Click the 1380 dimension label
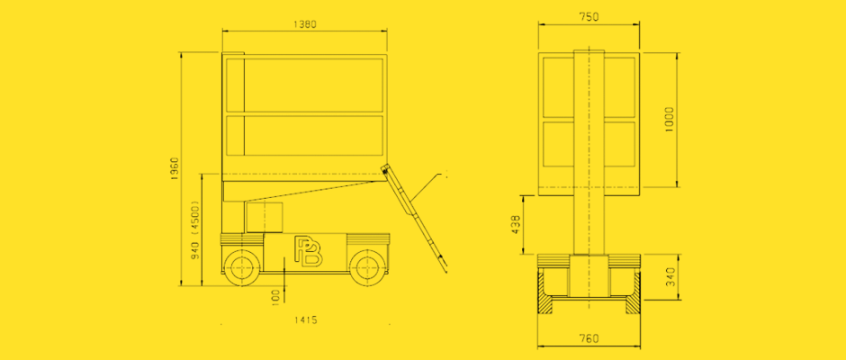tap(304, 24)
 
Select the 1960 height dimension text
tap(175, 169)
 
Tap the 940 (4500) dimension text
tap(195, 229)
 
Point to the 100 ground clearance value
tap(275, 297)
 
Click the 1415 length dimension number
tap(305, 319)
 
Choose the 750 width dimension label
tap(589, 17)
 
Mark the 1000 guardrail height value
tap(670, 120)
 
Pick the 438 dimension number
tap(516, 224)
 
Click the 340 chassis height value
tap(670, 277)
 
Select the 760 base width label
tap(589, 339)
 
